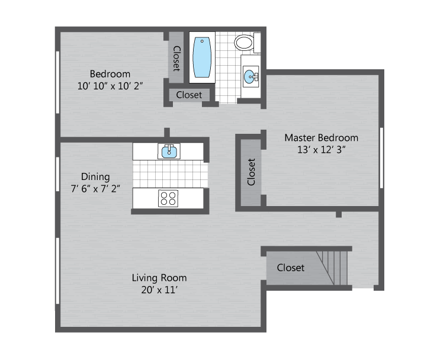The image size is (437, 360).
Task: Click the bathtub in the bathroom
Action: coord(202,57)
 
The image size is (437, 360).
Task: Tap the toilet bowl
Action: coord(244,43)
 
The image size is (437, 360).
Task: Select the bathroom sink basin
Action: coord(249,76)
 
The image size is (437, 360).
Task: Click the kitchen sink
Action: coord(169,152)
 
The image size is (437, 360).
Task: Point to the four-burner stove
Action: coord(168,198)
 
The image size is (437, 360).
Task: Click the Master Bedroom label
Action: coord(321,137)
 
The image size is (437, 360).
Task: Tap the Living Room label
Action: coord(159,278)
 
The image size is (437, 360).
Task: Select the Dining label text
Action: coord(95,176)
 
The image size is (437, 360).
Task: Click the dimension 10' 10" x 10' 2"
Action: coord(110,86)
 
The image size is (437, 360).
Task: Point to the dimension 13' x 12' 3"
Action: coord(321,150)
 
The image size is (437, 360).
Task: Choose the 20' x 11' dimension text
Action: coord(159,290)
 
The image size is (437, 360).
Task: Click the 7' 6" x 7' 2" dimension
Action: coord(95,189)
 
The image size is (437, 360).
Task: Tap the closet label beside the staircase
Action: coord(290,268)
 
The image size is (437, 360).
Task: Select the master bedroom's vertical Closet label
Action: coord(251,172)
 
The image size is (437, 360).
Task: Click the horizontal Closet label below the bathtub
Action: coord(189,95)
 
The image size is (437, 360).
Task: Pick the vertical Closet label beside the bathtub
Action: coord(176,59)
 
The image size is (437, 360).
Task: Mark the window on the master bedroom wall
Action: coord(381,158)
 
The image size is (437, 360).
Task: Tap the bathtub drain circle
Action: coord(202,41)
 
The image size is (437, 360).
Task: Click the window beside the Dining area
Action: coord(57,174)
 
